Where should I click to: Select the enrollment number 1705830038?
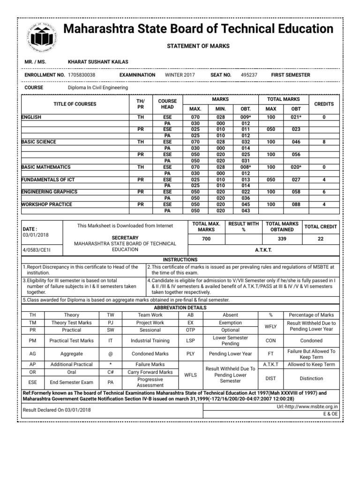click(x=82, y=75)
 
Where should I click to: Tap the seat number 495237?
click(x=249, y=75)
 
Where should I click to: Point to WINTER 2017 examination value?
click(x=180, y=75)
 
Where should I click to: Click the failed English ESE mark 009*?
click(x=246, y=117)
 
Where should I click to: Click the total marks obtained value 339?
click(x=282, y=239)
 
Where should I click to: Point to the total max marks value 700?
click(x=206, y=239)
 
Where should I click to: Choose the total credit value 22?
click(x=321, y=239)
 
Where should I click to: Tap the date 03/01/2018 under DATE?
click(x=35, y=235)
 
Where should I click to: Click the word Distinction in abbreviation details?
click(x=312, y=378)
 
